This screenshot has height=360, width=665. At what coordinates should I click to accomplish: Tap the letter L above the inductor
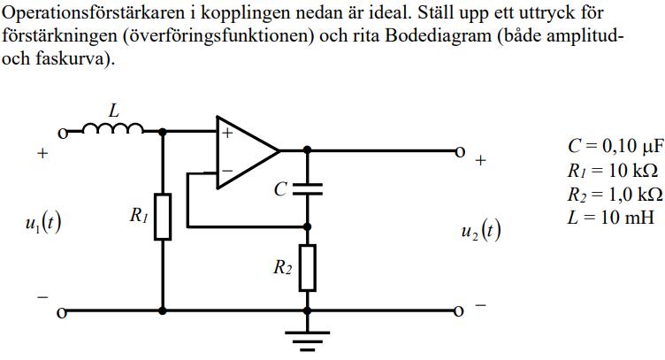[113, 111]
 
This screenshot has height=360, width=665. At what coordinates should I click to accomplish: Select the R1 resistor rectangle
[163, 217]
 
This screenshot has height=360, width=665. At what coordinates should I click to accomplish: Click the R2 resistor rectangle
[307, 269]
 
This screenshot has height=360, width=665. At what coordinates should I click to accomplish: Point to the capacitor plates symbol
[307, 188]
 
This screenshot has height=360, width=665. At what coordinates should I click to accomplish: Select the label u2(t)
[481, 233]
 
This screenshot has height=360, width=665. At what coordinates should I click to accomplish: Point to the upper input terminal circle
[63, 134]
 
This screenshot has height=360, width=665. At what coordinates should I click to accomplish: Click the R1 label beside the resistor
[137, 215]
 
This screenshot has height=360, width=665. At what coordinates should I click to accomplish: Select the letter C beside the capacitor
[281, 189]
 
